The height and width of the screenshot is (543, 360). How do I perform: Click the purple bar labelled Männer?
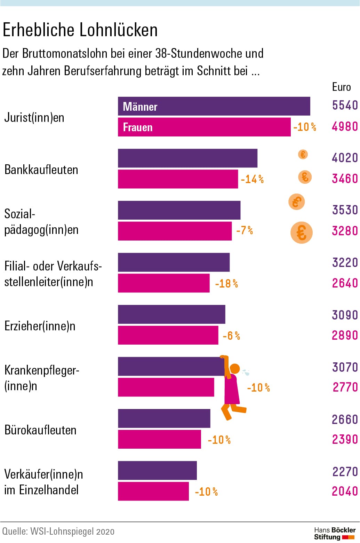(214, 106)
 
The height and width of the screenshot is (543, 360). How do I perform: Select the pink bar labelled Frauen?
(204, 127)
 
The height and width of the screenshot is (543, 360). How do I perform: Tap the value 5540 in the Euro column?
(345, 105)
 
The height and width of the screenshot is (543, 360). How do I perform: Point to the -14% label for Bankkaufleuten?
(252, 179)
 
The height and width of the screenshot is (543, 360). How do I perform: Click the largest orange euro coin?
(302, 233)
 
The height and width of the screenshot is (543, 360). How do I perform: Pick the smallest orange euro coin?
(303, 154)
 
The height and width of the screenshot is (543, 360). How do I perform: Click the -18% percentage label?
(226, 284)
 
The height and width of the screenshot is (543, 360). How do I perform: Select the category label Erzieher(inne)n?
(40, 326)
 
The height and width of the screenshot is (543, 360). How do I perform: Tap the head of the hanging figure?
(235, 368)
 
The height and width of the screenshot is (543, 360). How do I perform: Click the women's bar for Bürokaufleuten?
(159, 439)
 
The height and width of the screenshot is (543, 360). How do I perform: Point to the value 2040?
(345, 491)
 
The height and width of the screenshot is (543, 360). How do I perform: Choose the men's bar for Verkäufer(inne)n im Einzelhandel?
(157, 471)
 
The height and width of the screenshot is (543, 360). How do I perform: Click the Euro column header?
(341, 87)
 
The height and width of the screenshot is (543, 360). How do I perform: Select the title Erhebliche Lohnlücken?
(80, 30)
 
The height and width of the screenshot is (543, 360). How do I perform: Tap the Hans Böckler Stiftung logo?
(334, 533)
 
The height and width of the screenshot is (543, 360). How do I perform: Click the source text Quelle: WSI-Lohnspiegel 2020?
(58, 532)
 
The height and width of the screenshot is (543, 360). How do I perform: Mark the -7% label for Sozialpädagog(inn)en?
(245, 230)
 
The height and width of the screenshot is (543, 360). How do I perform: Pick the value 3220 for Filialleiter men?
(345, 262)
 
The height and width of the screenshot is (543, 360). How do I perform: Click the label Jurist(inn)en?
(34, 118)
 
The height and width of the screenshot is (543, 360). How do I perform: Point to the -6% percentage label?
(231, 336)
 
